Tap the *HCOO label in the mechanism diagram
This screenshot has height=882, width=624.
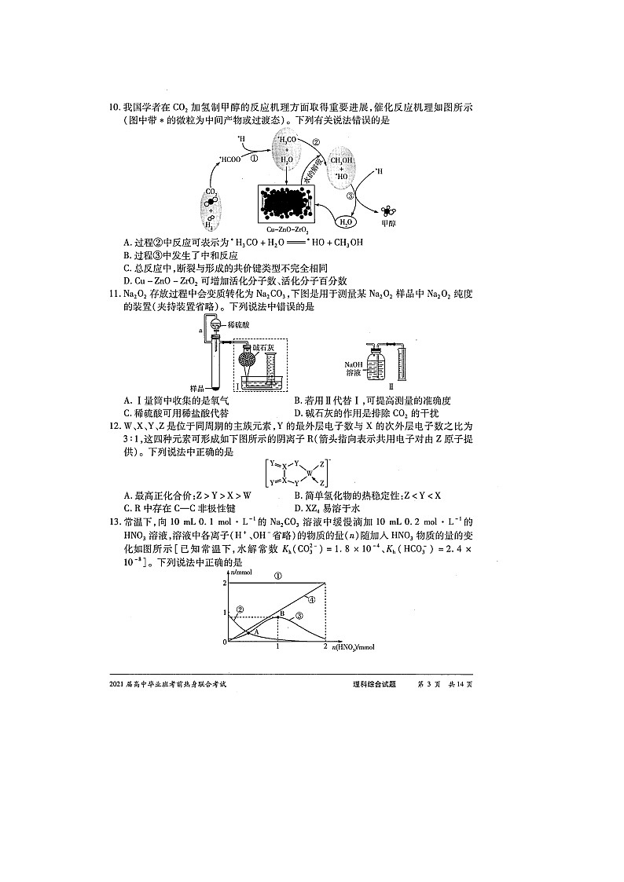231,159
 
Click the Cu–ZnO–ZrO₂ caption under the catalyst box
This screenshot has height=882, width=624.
292,229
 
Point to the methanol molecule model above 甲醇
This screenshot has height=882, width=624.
388,210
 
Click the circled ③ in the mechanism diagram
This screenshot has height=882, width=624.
351,196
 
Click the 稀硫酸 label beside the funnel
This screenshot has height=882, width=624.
240,324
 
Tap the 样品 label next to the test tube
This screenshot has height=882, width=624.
200,388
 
